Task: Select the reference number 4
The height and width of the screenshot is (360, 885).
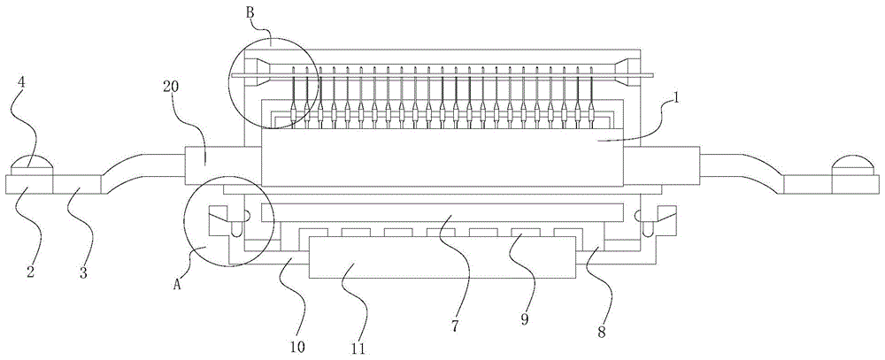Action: (x=21, y=85)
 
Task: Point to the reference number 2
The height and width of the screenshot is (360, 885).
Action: (x=29, y=272)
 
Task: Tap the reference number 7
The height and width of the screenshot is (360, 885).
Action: (x=454, y=326)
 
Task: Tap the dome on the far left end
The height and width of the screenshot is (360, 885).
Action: (x=33, y=165)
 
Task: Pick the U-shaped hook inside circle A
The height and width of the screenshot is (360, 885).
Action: (x=235, y=227)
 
